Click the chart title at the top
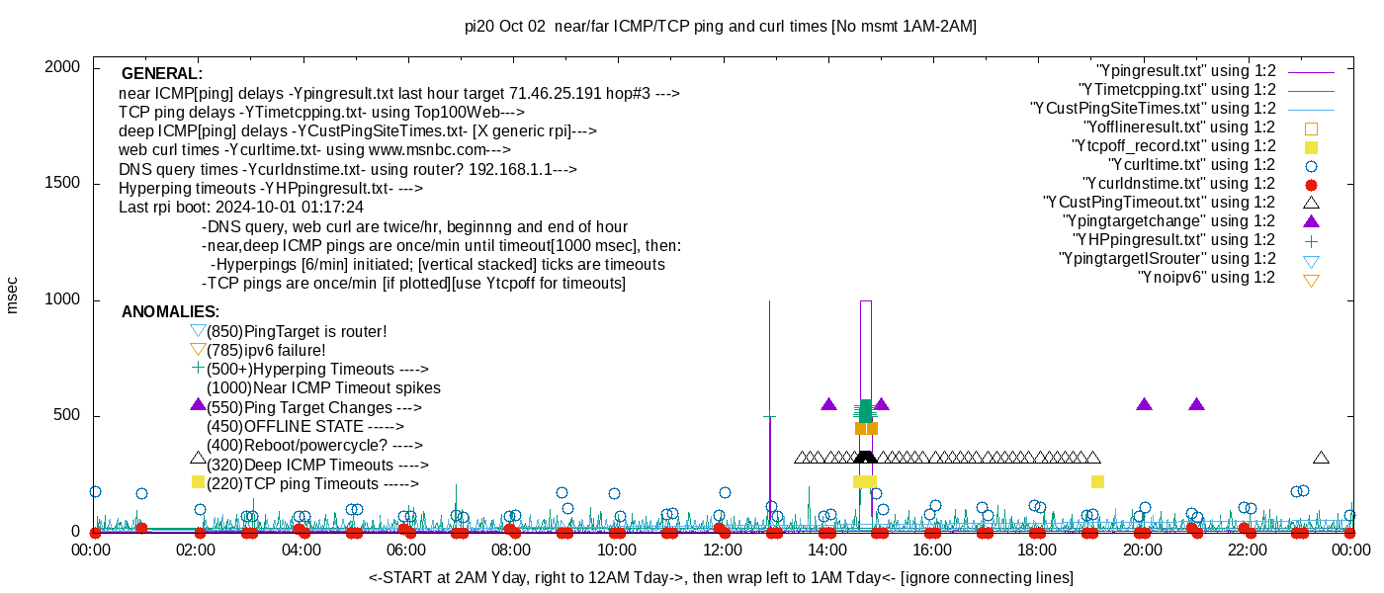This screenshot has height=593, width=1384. [721, 26]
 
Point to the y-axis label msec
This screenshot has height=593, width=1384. [11, 296]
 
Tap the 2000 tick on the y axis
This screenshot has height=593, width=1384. [61, 67]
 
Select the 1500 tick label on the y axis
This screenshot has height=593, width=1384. [61, 183]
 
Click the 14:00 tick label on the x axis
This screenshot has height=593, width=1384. [827, 550]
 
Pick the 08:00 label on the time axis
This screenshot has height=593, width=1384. [511, 550]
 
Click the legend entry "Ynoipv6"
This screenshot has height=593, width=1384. [1206, 278]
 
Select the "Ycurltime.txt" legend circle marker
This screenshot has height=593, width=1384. [1311, 166]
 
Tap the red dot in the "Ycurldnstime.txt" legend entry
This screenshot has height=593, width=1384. [1311, 185]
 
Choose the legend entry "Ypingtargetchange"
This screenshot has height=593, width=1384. [1168, 221]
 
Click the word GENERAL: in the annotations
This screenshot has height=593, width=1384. [162, 73]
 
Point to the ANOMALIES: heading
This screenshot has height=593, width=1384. [170, 311]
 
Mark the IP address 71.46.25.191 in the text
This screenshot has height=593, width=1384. [555, 93]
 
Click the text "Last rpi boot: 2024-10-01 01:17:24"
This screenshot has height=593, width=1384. [241, 207]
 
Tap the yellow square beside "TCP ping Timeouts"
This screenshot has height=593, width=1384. [198, 482]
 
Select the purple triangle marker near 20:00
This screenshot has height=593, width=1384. [1145, 404]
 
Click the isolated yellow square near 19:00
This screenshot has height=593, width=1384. [1097, 482]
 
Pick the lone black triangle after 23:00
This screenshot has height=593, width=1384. [1321, 458]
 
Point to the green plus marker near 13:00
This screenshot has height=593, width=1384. [769, 417]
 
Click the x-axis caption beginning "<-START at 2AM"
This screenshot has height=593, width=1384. [721, 577]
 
